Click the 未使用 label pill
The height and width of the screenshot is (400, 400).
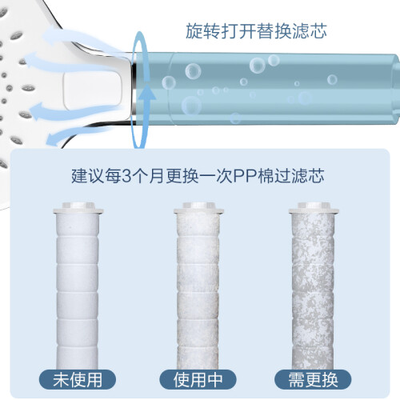78,379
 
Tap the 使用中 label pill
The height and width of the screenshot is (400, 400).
198,379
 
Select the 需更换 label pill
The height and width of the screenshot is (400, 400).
313,379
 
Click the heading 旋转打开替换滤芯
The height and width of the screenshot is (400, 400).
256,31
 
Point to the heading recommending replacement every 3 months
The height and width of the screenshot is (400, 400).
198,176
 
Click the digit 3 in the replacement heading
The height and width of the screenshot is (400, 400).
126,176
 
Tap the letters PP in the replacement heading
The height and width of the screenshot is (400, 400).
245,176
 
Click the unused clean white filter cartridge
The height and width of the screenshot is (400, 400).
78,286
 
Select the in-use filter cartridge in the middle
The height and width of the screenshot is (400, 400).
198,286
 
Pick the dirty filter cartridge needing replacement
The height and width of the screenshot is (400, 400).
314,286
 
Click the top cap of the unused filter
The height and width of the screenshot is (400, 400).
78,208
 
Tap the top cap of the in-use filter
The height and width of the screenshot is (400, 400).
198,208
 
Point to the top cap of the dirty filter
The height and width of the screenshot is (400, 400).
314,208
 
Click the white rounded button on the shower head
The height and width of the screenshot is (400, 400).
92,90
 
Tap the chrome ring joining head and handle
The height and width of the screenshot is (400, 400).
134,87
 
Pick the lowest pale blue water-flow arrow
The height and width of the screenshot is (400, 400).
80,134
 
